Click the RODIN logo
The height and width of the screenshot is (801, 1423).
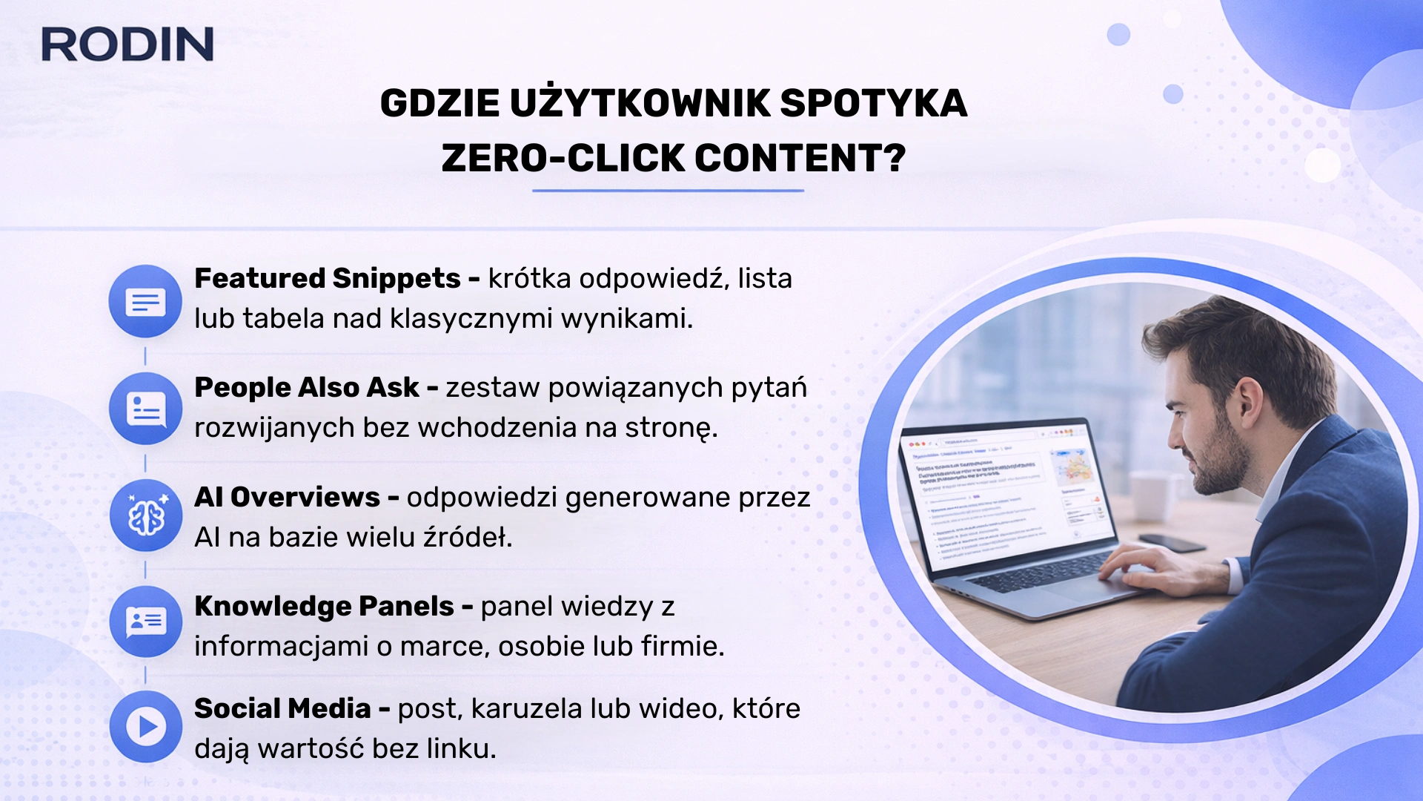click(x=127, y=44)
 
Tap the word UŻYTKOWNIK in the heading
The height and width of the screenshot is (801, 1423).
click(x=639, y=103)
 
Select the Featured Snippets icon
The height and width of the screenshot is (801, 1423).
click(x=145, y=301)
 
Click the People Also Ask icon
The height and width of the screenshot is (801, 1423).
click(x=145, y=409)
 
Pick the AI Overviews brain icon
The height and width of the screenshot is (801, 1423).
click(x=146, y=515)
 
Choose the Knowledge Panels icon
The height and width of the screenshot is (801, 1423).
click(x=146, y=622)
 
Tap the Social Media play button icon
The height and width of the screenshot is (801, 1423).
click(x=146, y=727)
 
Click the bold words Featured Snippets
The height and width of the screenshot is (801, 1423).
click(x=327, y=279)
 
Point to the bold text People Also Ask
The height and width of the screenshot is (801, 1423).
click(x=306, y=388)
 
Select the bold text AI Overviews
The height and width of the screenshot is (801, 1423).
click(x=287, y=498)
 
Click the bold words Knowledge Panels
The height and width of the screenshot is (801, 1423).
click(x=324, y=607)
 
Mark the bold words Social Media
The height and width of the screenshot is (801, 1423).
click(x=282, y=709)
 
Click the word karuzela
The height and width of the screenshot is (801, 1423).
click(x=527, y=709)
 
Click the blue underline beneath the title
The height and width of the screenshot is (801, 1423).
click(x=668, y=191)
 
